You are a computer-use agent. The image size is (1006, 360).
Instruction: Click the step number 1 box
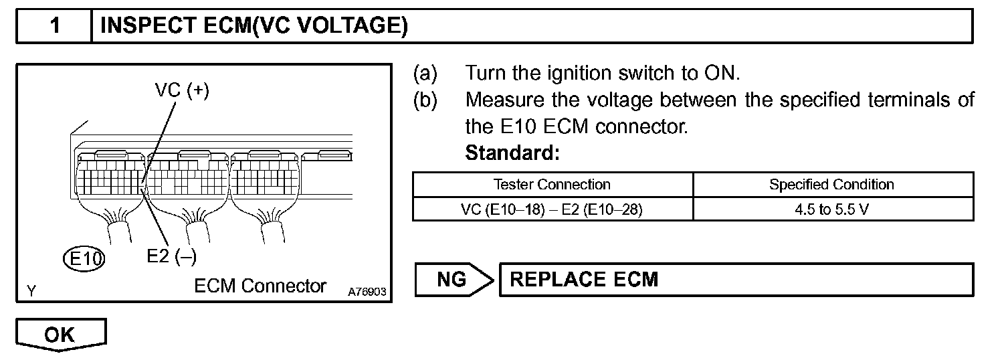(x=54, y=26)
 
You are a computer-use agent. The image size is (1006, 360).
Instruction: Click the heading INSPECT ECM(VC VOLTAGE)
(x=254, y=26)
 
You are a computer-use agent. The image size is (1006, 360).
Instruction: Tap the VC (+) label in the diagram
(x=182, y=92)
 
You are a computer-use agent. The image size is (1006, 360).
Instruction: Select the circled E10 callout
(x=84, y=258)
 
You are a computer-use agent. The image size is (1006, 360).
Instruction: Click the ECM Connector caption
(x=260, y=286)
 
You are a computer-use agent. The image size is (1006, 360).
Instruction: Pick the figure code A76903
(x=367, y=292)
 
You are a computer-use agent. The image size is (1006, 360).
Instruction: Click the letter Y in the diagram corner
(x=31, y=290)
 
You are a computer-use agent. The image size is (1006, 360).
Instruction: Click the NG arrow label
(x=452, y=279)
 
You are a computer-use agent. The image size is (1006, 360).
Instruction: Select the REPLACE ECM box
(x=736, y=279)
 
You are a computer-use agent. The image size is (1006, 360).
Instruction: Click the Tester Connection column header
(x=552, y=184)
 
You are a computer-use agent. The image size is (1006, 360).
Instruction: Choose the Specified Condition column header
(x=831, y=184)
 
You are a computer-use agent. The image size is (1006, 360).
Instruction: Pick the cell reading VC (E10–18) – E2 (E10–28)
(x=552, y=209)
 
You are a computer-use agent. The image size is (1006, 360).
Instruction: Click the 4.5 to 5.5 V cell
(x=831, y=209)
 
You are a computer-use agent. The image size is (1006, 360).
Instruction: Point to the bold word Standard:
(x=512, y=153)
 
